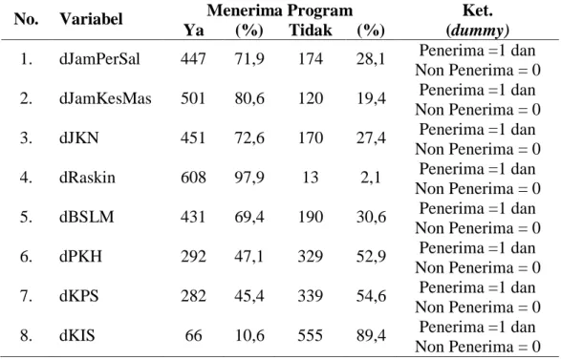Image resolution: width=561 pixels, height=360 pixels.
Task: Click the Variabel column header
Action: [x=91, y=19]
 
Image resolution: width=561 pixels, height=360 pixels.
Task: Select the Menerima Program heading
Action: [x=280, y=11]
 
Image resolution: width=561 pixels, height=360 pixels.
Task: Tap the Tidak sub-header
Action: [x=311, y=30]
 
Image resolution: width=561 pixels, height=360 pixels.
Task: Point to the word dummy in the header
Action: [x=477, y=31]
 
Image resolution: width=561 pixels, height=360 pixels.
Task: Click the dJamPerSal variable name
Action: [x=99, y=59]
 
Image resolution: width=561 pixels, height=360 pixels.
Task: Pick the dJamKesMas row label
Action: [x=105, y=98]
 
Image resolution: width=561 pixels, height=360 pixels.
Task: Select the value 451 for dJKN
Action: [x=193, y=138]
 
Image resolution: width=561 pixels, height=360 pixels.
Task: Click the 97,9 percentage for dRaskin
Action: [x=249, y=178]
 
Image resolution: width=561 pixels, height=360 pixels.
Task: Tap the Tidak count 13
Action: [x=311, y=178]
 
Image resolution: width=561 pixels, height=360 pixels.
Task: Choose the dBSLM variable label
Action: [x=87, y=217]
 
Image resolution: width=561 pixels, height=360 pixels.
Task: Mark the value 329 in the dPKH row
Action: [x=311, y=257]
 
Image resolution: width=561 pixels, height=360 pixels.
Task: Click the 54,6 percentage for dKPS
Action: [x=371, y=296]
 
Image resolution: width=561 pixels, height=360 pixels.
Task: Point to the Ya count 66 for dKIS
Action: [x=193, y=336]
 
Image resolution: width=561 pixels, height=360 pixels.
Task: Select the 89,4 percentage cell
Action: [x=371, y=336]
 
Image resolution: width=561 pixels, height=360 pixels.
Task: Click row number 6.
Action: [x=26, y=257]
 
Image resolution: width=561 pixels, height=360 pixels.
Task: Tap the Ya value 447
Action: [x=193, y=59]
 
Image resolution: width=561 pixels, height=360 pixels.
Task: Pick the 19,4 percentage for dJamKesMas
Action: [x=371, y=98]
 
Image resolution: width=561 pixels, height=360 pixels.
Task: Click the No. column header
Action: [x=26, y=19]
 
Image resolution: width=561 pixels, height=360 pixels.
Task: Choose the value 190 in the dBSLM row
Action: [x=311, y=217]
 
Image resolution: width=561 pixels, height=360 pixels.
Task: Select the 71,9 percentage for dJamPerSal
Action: [x=249, y=59]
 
